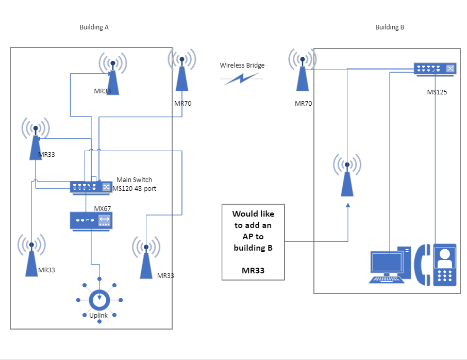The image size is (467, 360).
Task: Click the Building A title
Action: point(94,27)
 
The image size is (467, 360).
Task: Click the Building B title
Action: point(390,27)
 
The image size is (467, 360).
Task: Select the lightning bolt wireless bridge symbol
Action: point(241,78)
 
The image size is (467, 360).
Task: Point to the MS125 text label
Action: point(437,92)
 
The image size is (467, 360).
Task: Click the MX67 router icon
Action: point(91,220)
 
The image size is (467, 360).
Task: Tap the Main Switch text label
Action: point(134,179)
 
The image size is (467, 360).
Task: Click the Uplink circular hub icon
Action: point(99,299)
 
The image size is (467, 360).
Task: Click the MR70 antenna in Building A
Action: point(182,72)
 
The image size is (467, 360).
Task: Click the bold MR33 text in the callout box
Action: point(253,270)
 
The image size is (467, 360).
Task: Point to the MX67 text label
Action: point(103,208)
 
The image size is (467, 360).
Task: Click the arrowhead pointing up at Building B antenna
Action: point(347,205)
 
